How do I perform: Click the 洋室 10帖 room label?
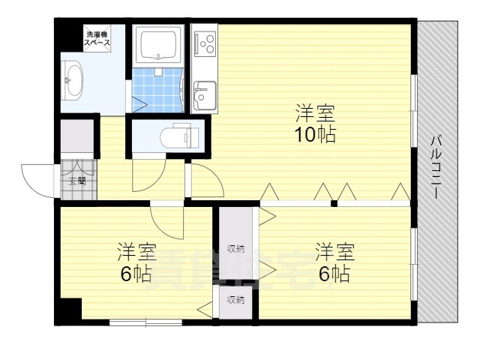pyautogui.click(x=314, y=125)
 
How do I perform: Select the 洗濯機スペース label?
pyautogui.click(x=97, y=39)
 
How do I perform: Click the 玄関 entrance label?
pyautogui.click(x=76, y=181)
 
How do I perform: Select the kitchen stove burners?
pyautogui.click(x=204, y=44)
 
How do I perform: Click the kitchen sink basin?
pyautogui.click(x=203, y=95)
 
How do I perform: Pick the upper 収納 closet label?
pyautogui.click(x=236, y=249)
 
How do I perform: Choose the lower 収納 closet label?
pyautogui.click(x=236, y=300)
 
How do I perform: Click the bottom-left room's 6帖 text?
pyautogui.click(x=136, y=274)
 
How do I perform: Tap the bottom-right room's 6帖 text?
pyautogui.click(x=334, y=274)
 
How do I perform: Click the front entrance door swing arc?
pyautogui.click(x=37, y=180)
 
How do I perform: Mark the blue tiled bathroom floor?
pyautogui.click(x=158, y=89)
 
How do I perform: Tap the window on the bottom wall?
pyautogui.click(x=145, y=322)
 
